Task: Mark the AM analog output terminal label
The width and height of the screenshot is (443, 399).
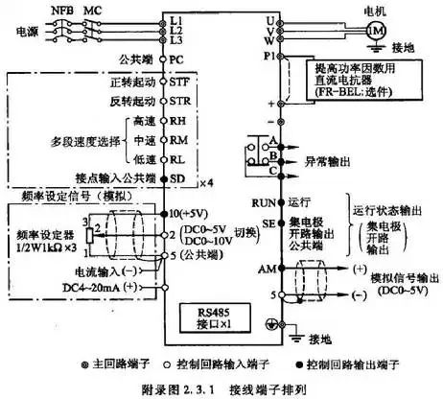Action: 261,271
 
